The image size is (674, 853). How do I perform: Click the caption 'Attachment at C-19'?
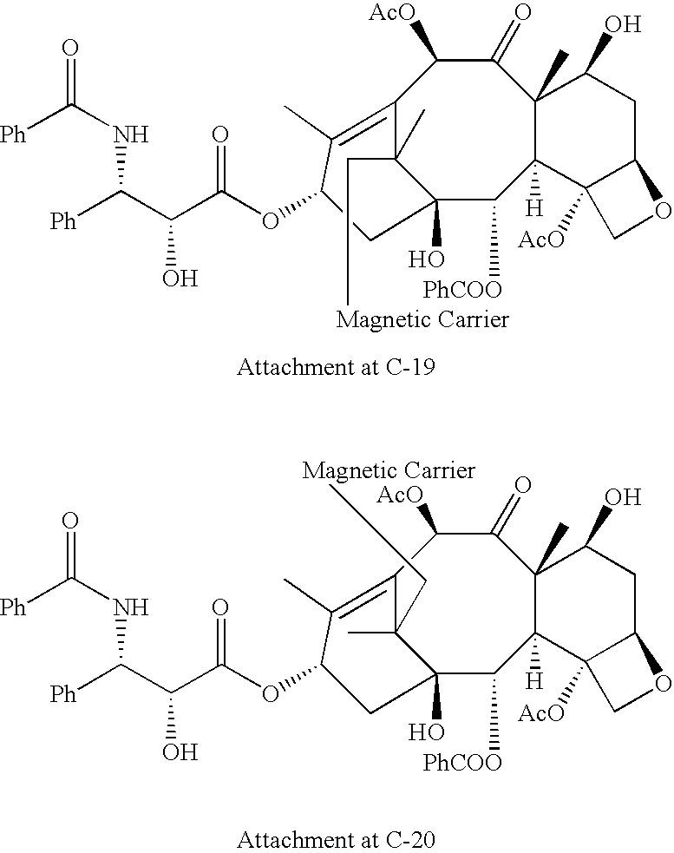(336, 367)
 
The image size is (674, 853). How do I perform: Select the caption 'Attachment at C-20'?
(336, 840)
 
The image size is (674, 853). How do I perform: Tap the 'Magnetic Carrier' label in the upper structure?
(422, 320)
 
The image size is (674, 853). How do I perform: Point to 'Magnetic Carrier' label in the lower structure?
(389, 470)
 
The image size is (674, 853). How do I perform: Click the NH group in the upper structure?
(131, 134)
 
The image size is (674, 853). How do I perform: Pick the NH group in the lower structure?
(131, 607)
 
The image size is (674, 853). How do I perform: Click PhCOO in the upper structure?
(461, 290)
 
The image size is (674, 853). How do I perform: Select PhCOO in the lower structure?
(461, 763)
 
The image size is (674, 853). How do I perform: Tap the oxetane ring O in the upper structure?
(663, 211)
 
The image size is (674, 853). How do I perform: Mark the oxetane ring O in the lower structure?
(663, 683)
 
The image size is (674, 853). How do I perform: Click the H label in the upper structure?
(534, 207)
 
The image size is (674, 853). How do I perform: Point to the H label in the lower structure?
(534, 680)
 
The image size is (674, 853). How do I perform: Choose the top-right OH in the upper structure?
(623, 24)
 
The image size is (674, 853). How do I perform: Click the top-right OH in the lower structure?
(623, 497)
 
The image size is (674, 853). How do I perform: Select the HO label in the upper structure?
(427, 260)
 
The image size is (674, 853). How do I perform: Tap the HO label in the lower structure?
(427, 732)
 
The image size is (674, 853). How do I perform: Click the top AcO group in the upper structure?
(392, 12)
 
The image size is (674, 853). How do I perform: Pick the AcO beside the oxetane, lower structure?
(541, 712)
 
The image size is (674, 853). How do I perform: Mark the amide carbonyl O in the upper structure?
(69, 48)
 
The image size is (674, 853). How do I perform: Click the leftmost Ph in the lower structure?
(13, 607)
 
